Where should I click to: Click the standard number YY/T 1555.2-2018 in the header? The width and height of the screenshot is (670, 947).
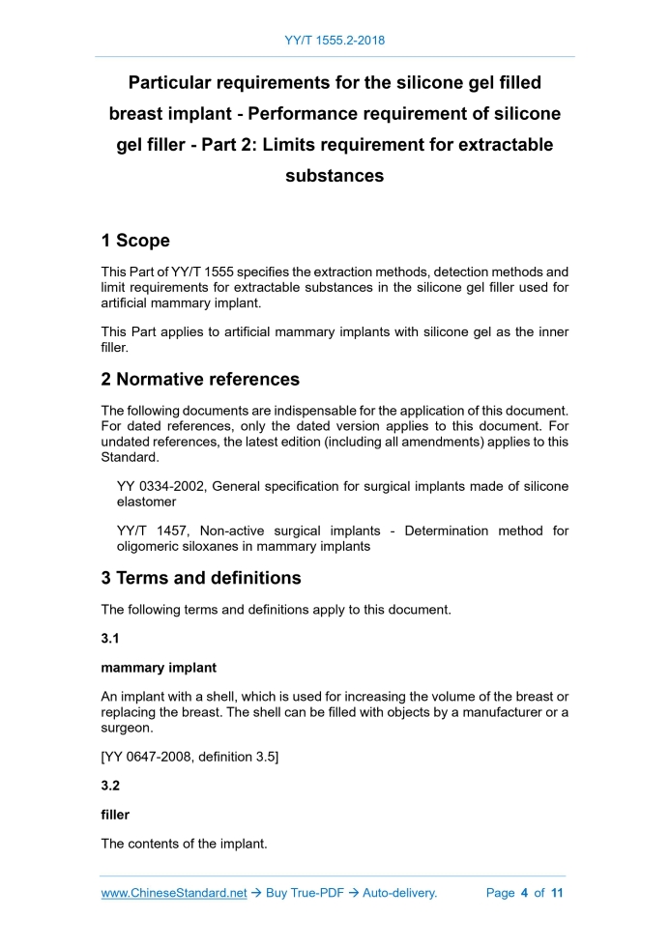point(335,41)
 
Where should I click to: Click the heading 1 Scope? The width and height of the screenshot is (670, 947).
point(135,241)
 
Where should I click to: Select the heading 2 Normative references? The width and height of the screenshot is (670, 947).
point(200,379)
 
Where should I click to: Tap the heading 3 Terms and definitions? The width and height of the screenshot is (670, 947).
point(201,578)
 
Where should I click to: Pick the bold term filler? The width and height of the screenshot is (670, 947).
point(115,815)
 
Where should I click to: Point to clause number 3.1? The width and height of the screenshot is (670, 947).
point(111,638)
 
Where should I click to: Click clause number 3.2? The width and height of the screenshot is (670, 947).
point(111,787)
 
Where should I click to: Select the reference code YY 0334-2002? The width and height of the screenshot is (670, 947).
point(159,486)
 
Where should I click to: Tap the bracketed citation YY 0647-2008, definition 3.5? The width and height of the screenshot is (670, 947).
point(189,757)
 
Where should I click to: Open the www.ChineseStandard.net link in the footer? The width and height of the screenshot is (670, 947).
point(174,893)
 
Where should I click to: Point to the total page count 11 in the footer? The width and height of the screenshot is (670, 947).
point(557,893)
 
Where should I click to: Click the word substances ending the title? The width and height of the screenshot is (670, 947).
point(335,176)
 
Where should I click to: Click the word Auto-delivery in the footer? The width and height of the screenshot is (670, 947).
point(399,893)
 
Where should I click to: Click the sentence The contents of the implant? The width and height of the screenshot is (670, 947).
point(184,844)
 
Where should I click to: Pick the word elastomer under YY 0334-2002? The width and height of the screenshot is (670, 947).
point(147,502)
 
